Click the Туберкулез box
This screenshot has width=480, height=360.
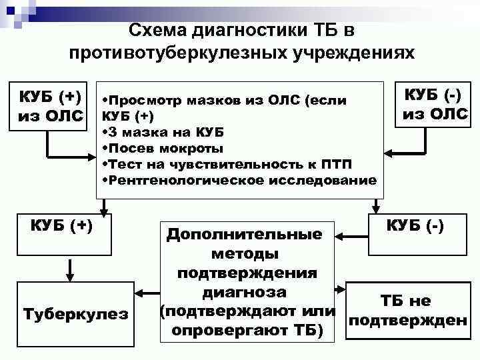coord(75,314)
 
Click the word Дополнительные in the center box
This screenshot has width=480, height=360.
coord(244,235)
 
